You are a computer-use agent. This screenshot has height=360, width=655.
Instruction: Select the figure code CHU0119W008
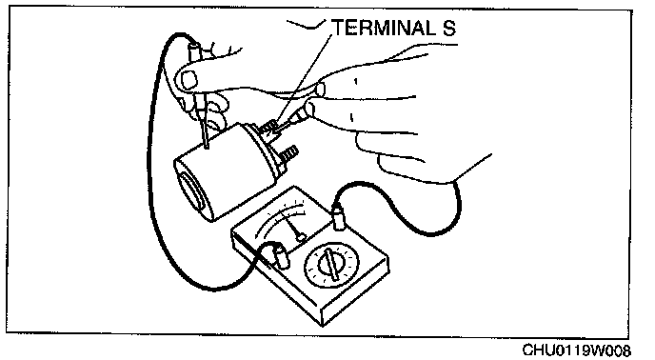pos(577,350)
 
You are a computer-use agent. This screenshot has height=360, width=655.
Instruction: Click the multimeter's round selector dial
pos(331,266)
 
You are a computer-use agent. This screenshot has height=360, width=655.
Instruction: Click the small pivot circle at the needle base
pos(300,238)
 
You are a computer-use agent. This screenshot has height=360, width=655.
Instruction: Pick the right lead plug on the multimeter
pos(338,216)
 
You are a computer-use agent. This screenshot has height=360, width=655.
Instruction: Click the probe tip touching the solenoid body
pos(207,147)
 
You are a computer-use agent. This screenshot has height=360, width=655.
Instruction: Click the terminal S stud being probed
pos(268,127)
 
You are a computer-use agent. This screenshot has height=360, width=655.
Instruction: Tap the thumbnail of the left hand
pos(189,80)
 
